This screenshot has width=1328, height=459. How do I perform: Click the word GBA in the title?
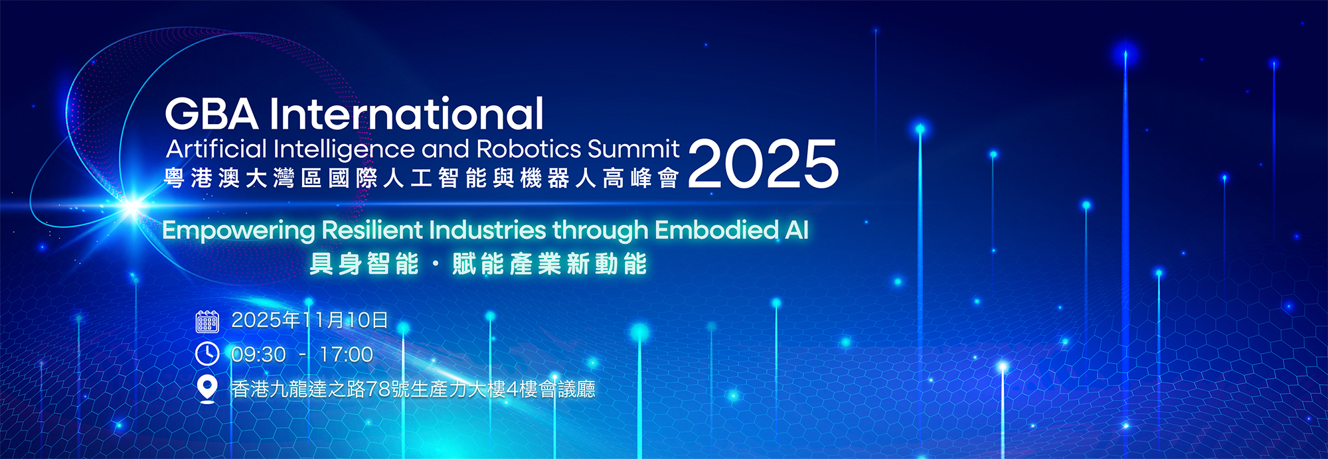point(211,113)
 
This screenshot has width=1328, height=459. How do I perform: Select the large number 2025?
point(764,164)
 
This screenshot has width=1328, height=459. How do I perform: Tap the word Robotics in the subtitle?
point(529,149)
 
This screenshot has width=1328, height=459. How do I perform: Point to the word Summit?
point(633,149)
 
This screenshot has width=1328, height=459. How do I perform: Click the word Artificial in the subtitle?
point(216,149)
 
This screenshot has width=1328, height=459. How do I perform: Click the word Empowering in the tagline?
point(238,231)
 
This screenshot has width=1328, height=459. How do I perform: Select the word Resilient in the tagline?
point(373,229)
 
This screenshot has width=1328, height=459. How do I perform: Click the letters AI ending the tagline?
point(797,230)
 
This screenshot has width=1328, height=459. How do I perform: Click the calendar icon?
point(207,321)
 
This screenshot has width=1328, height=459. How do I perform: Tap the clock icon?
point(207,354)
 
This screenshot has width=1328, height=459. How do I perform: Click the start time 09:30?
point(258,355)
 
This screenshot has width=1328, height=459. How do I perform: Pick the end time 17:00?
point(346,355)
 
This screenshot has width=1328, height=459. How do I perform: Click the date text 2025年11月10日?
point(309,320)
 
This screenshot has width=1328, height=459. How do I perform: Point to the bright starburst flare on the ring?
point(133,206)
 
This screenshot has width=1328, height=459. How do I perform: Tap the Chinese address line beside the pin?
point(413,389)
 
